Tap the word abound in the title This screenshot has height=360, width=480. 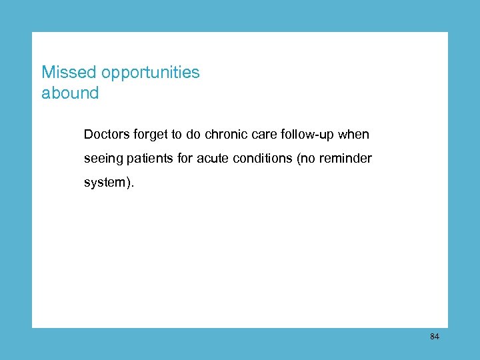[70, 93]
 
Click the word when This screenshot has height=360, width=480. [354, 135]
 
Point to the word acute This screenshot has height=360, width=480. [213, 159]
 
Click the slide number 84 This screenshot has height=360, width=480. [434, 337]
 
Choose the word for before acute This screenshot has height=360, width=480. [186, 159]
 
